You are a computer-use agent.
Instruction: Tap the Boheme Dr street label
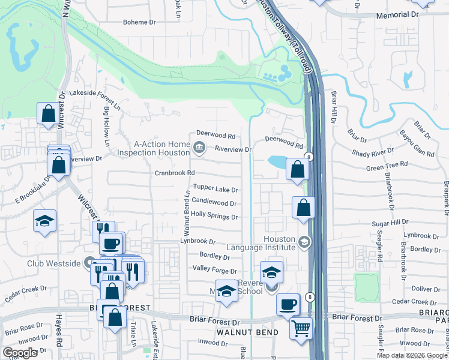pos(139,22)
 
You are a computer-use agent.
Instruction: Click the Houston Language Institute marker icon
pos(304,242)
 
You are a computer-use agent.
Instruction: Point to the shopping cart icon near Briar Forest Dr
pos(301,328)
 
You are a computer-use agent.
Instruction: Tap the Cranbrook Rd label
pos(175,173)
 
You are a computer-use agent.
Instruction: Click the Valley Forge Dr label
pos(214,271)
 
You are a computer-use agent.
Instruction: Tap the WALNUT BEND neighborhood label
pos(247,332)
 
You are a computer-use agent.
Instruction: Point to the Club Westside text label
pos(53,263)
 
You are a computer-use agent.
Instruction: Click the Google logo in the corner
pos(20,353)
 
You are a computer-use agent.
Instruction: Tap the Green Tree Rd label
pos(387,164)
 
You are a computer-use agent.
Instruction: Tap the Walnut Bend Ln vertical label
pos(187,214)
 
